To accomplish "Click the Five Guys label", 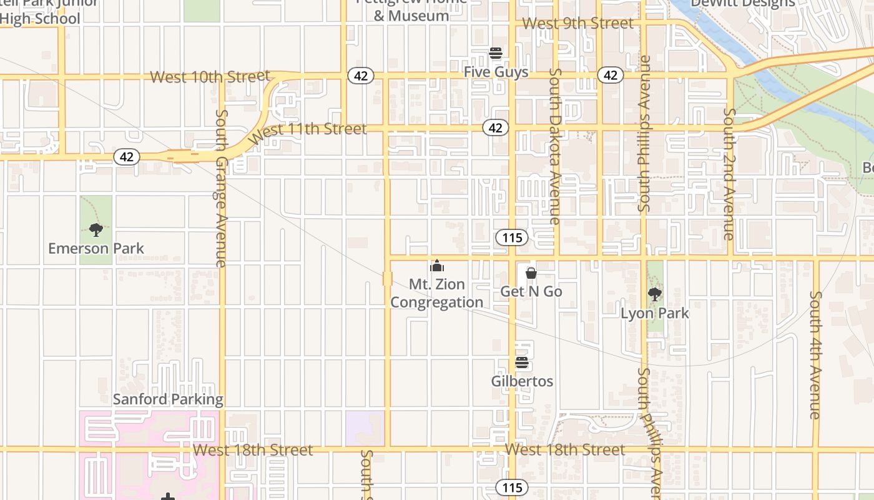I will click(x=496, y=72).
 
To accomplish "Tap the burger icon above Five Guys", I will click(x=496, y=53).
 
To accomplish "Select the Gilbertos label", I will click(x=522, y=381).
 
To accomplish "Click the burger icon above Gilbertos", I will click(x=522, y=362).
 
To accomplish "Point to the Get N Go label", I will click(x=531, y=291).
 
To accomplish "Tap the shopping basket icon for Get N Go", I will click(x=531, y=273).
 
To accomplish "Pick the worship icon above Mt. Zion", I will click(x=437, y=266).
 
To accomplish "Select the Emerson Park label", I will click(x=96, y=248).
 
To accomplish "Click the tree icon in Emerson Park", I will click(x=96, y=230).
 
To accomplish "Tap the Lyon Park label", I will click(x=655, y=312).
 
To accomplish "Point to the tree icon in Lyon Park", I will click(x=654, y=294).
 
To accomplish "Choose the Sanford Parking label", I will click(x=168, y=399).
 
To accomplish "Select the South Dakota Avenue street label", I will click(x=554, y=146).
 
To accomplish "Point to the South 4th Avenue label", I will click(x=815, y=355).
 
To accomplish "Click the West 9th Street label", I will click(x=578, y=23).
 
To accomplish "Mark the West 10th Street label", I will click(x=210, y=77).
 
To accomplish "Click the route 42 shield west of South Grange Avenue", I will click(x=127, y=157).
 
